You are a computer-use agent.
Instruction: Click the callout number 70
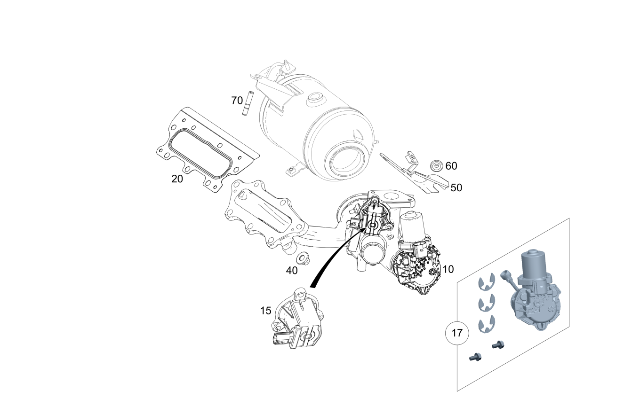[237, 100]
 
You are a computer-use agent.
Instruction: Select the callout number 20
[177, 179]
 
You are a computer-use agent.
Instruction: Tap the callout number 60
[451, 166]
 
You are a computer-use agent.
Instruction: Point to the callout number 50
[456, 187]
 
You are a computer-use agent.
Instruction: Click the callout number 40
[292, 270]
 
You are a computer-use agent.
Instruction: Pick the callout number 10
[448, 269]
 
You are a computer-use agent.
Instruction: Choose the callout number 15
[266, 311]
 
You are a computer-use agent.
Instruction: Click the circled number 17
[457, 333]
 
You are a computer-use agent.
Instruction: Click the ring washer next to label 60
[436, 165]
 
